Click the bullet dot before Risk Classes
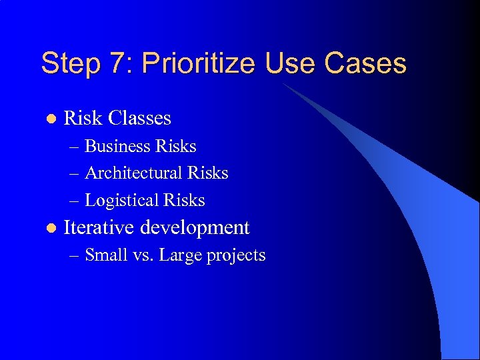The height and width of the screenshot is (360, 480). coord(48,119)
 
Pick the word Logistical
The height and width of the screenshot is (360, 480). coord(123,201)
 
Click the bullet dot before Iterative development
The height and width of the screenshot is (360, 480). coord(48,229)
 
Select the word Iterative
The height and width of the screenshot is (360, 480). coord(99,228)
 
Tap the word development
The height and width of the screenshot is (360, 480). coord(195,228)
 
